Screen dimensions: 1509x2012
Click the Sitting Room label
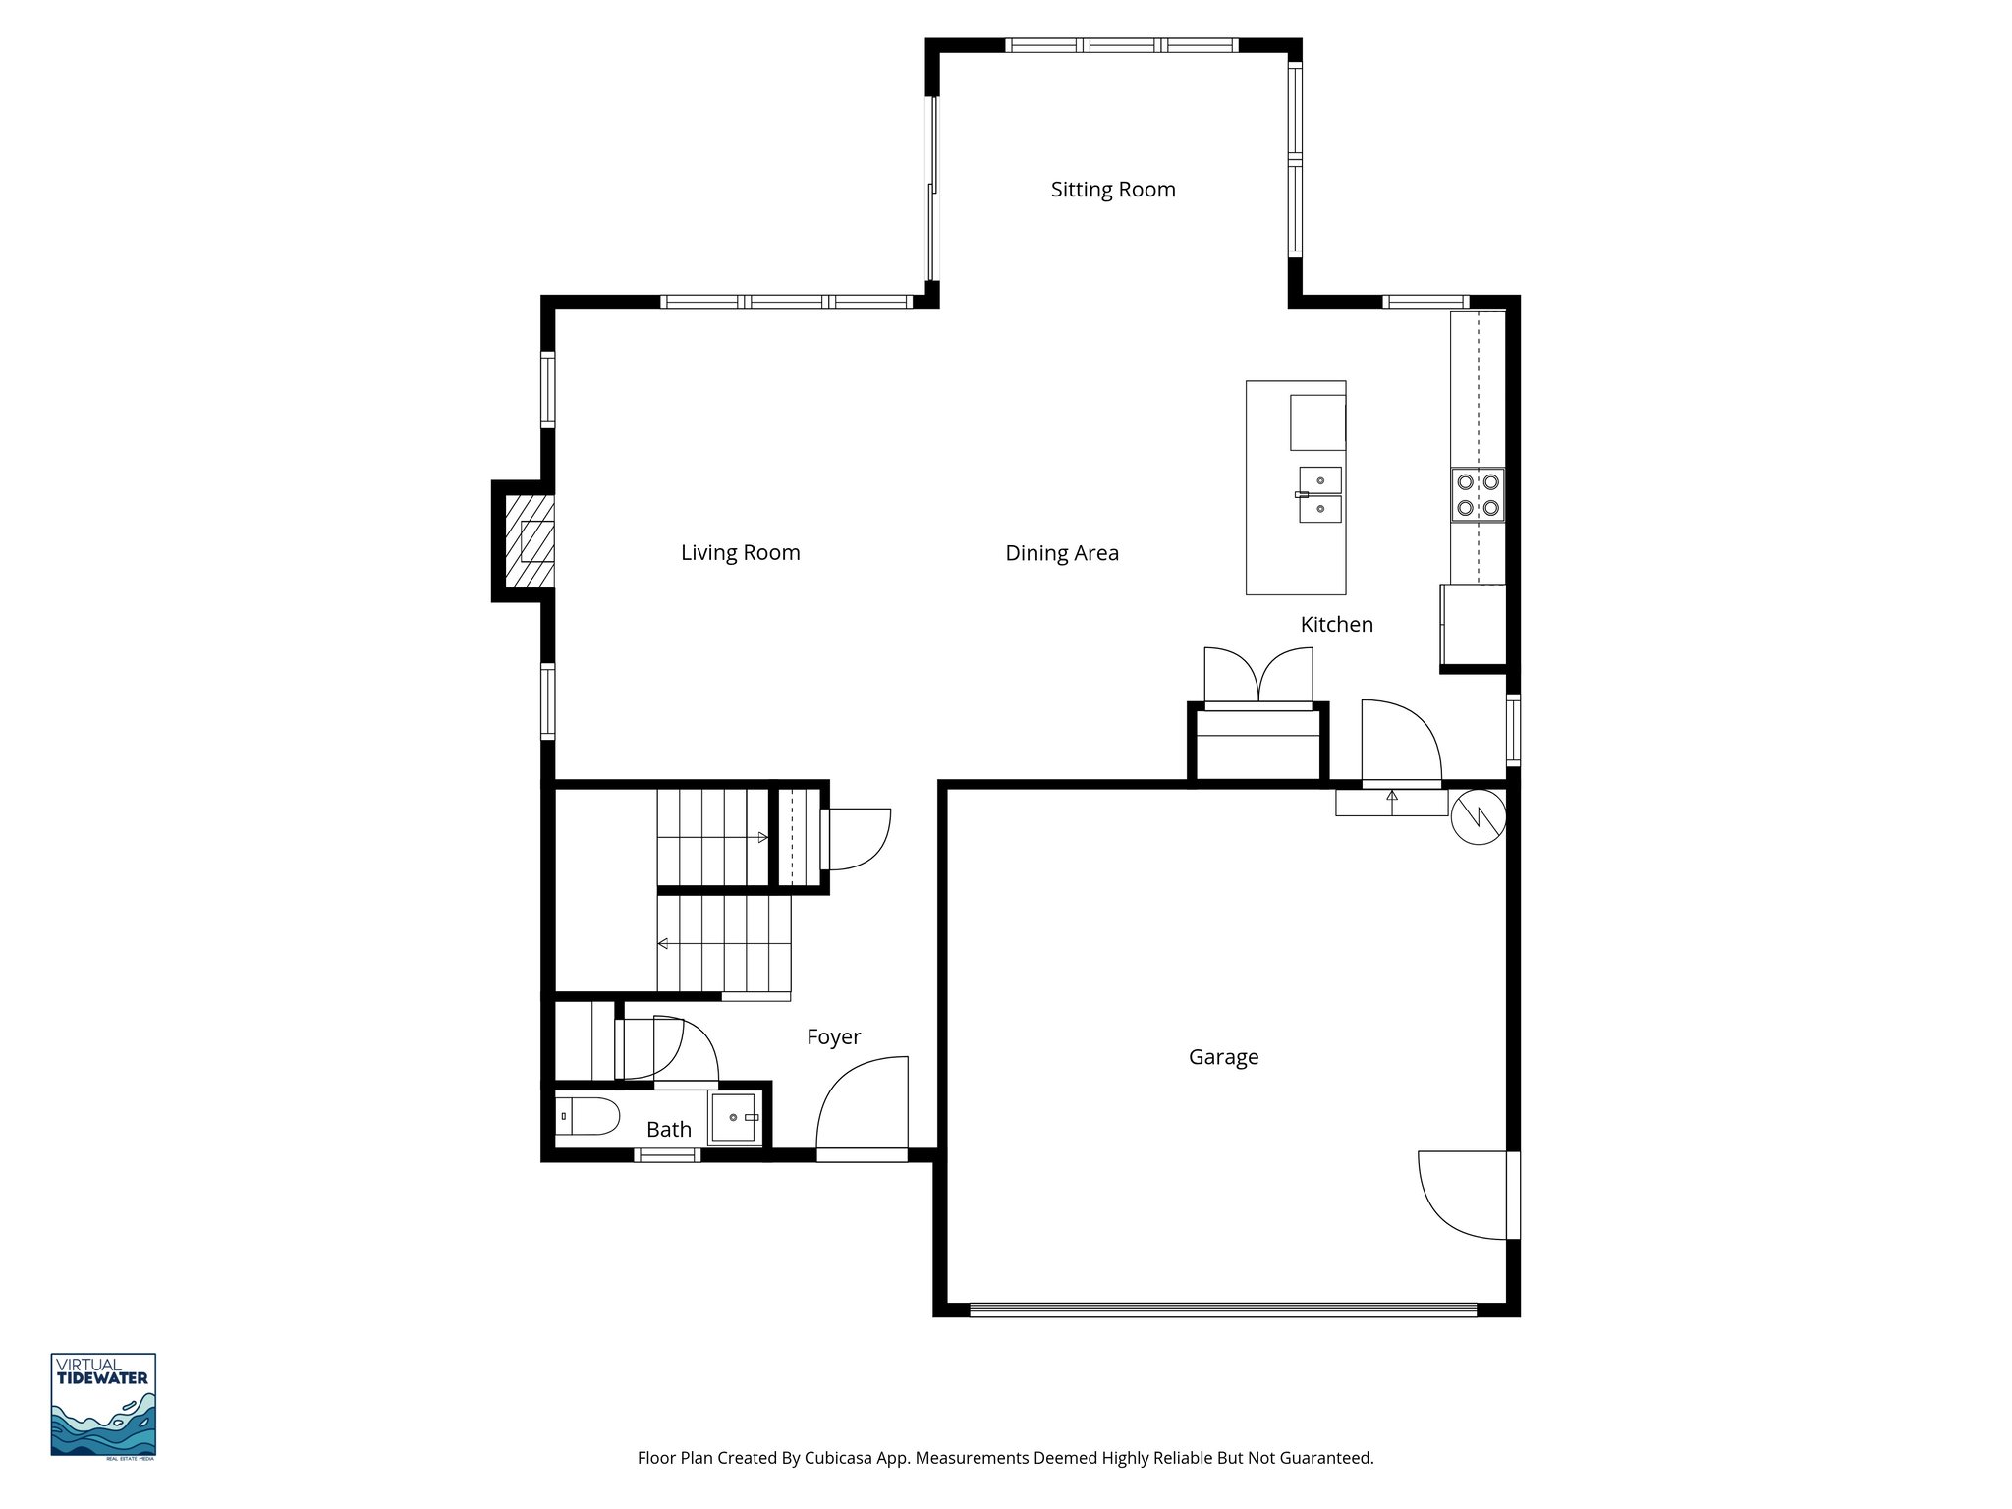click(x=1112, y=190)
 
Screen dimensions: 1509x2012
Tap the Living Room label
click(x=740, y=553)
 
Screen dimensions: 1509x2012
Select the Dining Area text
click(x=1061, y=553)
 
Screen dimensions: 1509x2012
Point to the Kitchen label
click(x=1336, y=625)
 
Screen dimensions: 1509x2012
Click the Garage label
click(x=1223, y=1057)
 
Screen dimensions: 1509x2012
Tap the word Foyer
click(x=833, y=1037)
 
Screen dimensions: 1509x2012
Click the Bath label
click(x=668, y=1130)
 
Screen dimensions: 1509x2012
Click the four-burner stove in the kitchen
click(x=1478, y=495)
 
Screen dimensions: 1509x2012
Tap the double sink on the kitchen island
click(x=1319, y=494)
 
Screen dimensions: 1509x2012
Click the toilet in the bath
click(x=587, y=1117)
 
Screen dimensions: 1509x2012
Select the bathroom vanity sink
click(x=733, y=1118)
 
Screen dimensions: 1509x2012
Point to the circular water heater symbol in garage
click(x=1478, y=816)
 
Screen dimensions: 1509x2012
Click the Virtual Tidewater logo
click(x=103, y=1405)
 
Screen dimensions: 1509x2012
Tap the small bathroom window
click(x=667, y=1155)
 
